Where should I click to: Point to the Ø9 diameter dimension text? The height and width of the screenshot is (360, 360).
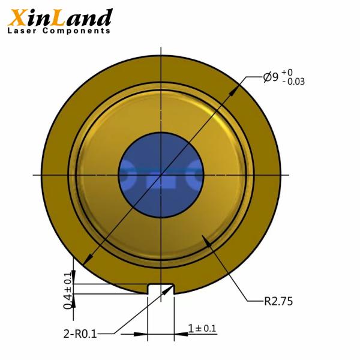click(270, 77)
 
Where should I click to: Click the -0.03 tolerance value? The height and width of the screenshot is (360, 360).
click(293, 82)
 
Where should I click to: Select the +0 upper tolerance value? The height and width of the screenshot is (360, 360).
click(289, 72)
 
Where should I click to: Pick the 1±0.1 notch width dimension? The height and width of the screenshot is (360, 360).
click(202, 328)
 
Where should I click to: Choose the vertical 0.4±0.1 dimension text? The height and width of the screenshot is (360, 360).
click(68, 289)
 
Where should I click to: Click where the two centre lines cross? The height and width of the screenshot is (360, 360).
click(161, 175)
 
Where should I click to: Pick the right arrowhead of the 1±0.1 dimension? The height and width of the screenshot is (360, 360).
click(179, 334)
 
